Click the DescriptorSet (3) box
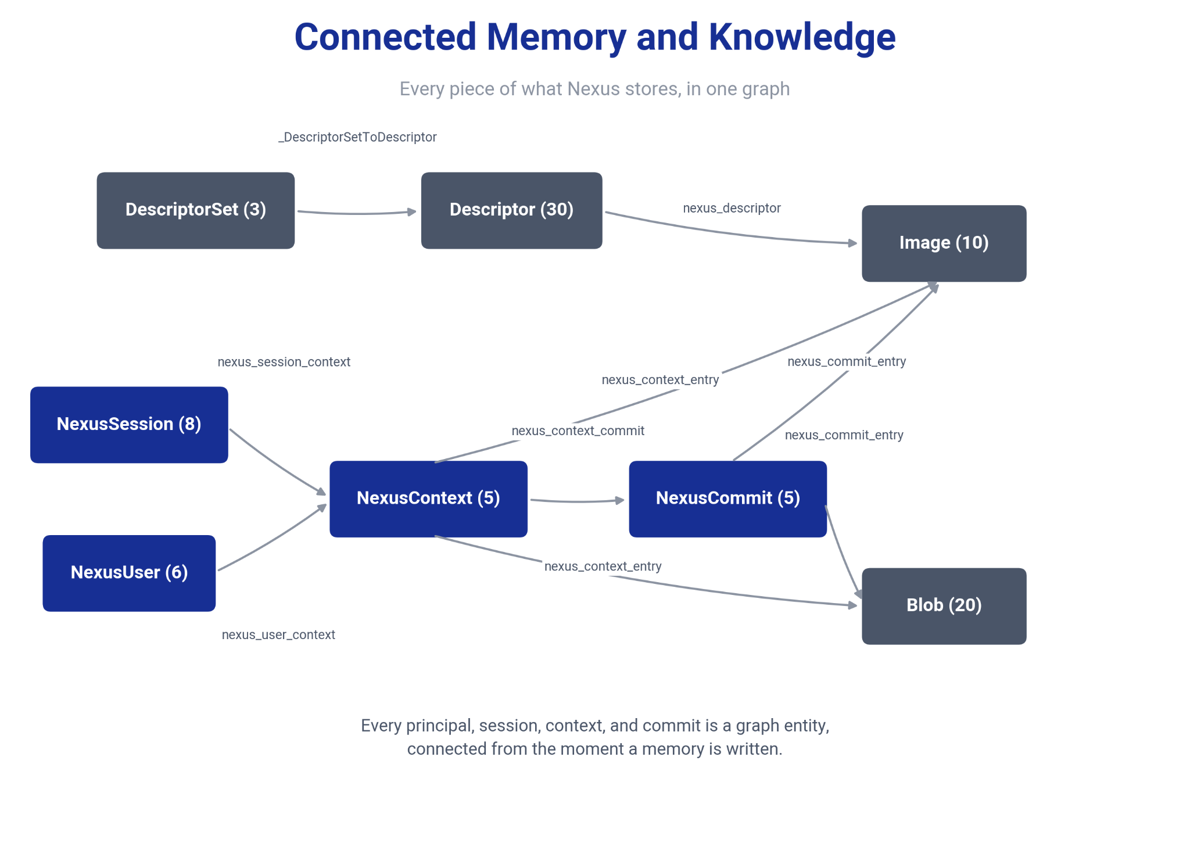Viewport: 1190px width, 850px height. [x=196, y=210]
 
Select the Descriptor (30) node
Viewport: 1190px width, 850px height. [x=512, y=210]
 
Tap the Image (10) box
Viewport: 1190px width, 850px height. [x=944, y=243]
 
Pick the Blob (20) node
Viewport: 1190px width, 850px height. [x=944, y=606]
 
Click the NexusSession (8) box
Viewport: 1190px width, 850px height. [x=129, y=425]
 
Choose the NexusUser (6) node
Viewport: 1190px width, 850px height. [x=129, y=573]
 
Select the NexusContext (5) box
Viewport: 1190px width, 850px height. [x=429, y=499]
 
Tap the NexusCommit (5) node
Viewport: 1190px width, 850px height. [x=728, y=499]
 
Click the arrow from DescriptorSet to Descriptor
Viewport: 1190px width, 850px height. [x=357, y=214]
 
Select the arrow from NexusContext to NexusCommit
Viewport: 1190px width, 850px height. [x=578, y=501]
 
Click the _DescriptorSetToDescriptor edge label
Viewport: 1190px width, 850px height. [x=357, y=137]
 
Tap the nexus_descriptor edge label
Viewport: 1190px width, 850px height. [x=732, y=208]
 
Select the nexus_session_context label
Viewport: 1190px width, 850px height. [x=284, y=362]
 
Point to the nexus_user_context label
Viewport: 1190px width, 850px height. [x=278, y=634]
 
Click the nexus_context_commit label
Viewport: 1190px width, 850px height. [x=578, y=431]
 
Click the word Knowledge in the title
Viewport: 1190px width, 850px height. [x=802, y=37]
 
